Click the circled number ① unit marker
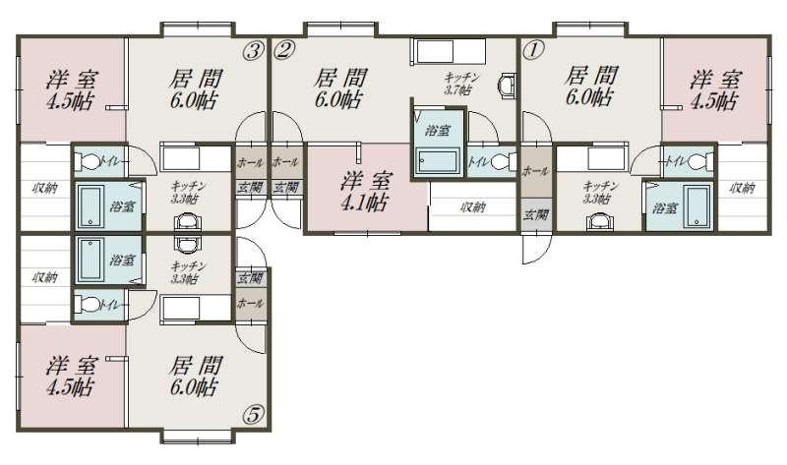click(533, 50)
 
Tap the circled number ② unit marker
click(284, 50)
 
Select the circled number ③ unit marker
click(254, 50)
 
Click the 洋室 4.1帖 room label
click(365, 191)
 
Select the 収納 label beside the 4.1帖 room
click(473, 206)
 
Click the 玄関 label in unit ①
click(535, 214)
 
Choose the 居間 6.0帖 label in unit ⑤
click(195, 377)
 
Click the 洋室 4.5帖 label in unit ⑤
click(71, 377)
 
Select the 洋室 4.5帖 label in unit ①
click(715, 89)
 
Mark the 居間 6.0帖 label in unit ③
click(195, 88)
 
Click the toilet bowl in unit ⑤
click(88, 304)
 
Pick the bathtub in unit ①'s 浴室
click(698, 206)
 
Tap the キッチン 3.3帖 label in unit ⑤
click(184, 272)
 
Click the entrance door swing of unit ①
click(536, 250)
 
